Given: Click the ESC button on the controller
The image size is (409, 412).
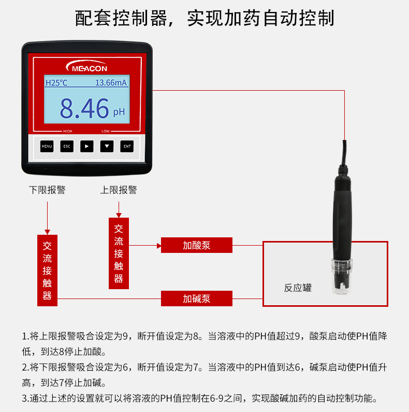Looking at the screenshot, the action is click(x=67, y=146).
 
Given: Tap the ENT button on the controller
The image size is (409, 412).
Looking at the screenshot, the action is click(x=127, y=146).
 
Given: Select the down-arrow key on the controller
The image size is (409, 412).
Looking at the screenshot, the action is click(x=107, y=146).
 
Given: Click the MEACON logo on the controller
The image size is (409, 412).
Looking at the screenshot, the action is click(x=86, y=66).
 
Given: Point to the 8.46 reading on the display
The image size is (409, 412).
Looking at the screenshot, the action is click(x=84, y=108).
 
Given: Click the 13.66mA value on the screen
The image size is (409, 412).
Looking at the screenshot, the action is click(x=111, y=83).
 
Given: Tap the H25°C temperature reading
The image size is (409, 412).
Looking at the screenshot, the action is click(x=56, y=83).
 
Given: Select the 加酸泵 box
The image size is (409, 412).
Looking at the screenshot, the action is click(x=197, y=245).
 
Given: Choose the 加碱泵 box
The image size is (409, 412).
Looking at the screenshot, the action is click(x=197, y=299).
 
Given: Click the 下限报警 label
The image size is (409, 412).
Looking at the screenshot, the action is click(x=47, y=190).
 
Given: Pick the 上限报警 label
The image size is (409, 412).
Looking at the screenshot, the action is click(x=119, y=190).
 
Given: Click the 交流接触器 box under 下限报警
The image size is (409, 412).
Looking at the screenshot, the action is click(x=47, y=271).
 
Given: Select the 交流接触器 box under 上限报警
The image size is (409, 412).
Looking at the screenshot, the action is click(x=119, y=253).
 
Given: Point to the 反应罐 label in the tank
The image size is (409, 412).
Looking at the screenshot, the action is click(x=298, y=288).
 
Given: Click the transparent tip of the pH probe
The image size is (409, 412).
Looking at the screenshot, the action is click(x=342, y=276).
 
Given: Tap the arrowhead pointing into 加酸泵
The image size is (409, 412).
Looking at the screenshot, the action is click(x=159, y=246).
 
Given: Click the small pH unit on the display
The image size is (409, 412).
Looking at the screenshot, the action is click(x=119, y=112).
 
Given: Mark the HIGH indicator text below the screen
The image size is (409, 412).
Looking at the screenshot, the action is click(x=67, y=131).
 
